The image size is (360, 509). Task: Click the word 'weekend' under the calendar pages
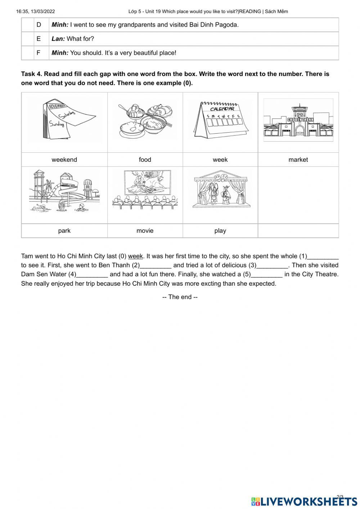pyautogui.click(x=64, y=160)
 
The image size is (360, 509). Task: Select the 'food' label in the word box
pyautogui.click(x=145, y=160)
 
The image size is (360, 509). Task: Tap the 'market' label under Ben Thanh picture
pyautogui.click(x=298, y=160)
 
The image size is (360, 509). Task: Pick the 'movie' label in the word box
pyautogui.click(x=145, y=231)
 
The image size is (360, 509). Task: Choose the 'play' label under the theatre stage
pyautogui.click(x=220, y=231)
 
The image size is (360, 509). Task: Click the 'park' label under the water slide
pyautogui.click(x=64, y=231)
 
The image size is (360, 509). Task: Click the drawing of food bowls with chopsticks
pyautogui.click(x=145, y=121)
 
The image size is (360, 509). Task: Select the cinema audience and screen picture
pyautogui.click(x=145, y=190)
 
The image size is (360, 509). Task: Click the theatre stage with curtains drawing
pyautogui.click(x=220, y=190)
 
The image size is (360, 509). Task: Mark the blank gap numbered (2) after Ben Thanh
pyautogui.click(x=156, y=265)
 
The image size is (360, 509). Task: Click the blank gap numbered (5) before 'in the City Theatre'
pyautogui.click(x=266, y=274)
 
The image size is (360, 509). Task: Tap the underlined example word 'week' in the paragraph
pyautogui.click(x=135, y=256)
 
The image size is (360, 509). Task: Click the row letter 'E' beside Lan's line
pyautogui.click(x=39, y=39)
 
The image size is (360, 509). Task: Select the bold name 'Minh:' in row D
pyautogui.click(x=60, y=25)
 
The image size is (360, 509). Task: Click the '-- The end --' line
pyautogui.click(x=180, y=297)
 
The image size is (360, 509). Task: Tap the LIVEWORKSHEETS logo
pyautogui.click(x=304, y=501)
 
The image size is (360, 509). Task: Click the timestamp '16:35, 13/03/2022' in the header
pyautogui.click(x=35, y=12)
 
